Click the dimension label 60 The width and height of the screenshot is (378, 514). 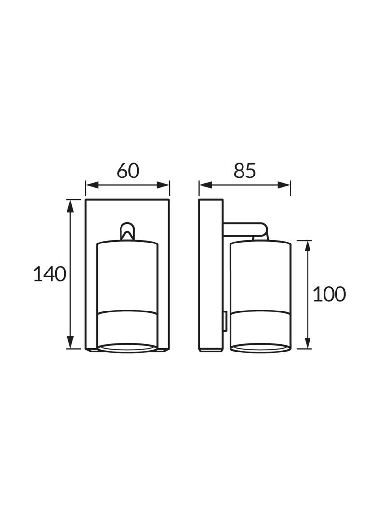[x=128, y=171]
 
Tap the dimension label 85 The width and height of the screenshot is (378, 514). [x=244, y=171]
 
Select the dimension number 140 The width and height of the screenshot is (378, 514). [x=50, y=274]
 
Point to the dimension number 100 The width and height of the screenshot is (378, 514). [x=329, y=294]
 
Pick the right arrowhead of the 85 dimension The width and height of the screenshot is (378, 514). [x=284, y=185]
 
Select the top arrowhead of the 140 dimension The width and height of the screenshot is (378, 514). [x=70, y=206]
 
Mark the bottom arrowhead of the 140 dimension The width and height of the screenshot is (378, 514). [x=70, y=342]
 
